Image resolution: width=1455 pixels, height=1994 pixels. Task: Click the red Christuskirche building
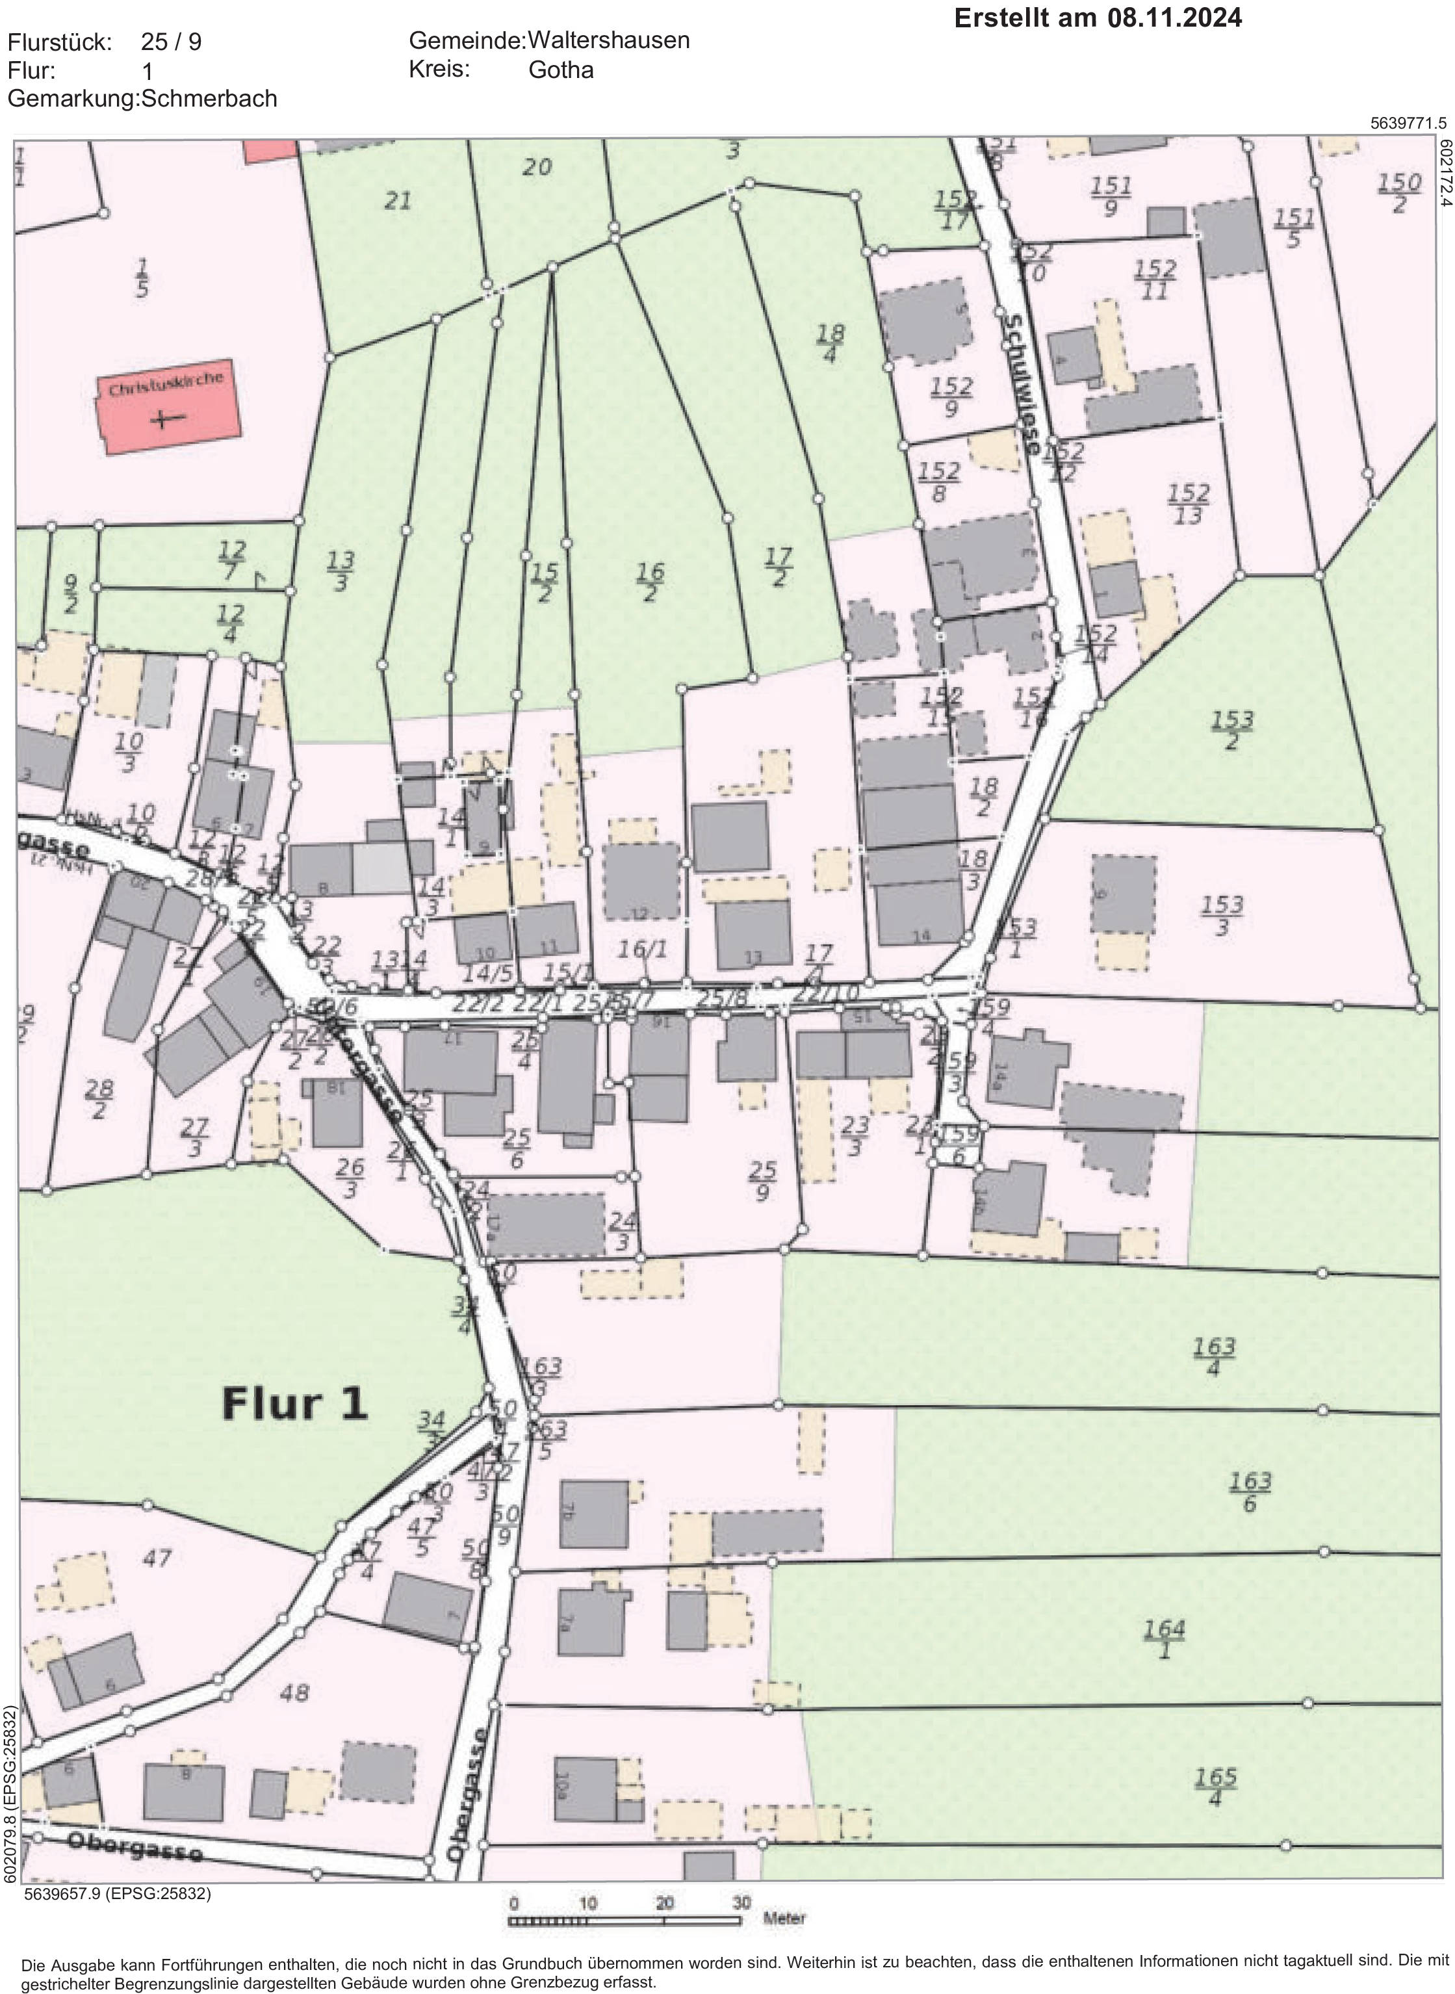tap(168, 407)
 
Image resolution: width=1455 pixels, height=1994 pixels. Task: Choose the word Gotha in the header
tap(560, 70)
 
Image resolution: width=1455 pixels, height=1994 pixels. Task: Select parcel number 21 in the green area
tap(397, 201)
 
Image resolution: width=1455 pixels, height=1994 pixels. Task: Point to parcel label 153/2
tap(1231, 730)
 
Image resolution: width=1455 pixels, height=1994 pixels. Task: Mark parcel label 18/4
tap(830, 343)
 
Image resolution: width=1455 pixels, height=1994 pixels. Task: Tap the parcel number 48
tap(294, 1693)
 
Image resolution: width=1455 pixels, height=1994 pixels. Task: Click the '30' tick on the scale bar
tap(741, 1902)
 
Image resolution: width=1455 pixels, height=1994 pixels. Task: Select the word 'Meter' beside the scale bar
tap(784, 1918)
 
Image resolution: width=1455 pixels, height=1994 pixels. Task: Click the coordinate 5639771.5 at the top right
tap(1408, 123)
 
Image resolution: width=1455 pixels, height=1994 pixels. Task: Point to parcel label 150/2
tap(1398, 193)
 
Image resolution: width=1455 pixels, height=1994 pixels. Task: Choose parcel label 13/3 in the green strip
tap(341, 571)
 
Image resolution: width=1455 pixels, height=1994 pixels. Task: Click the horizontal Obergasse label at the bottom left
tap(134, 1846)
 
